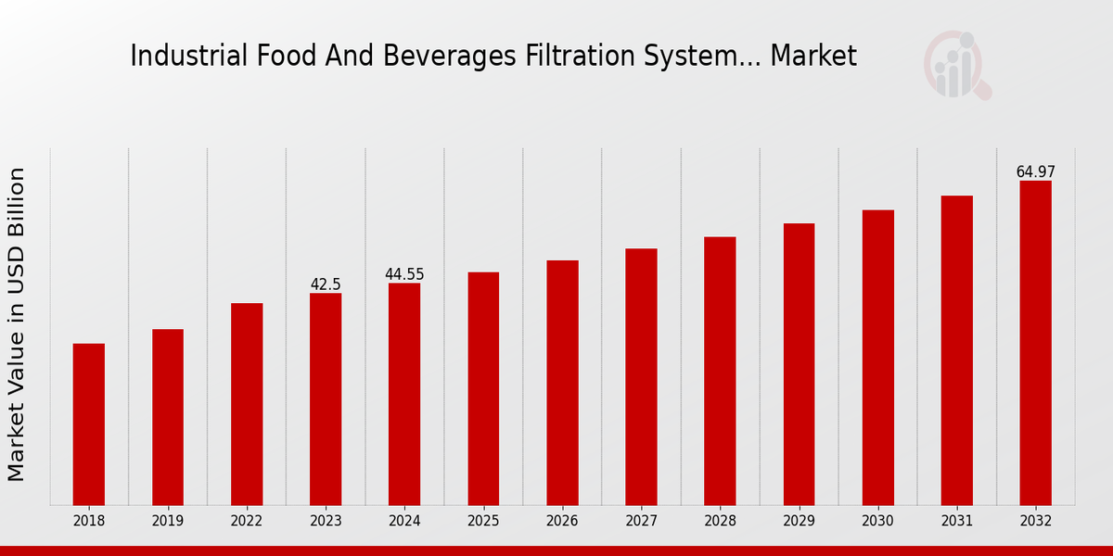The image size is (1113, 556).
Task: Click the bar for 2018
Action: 89,424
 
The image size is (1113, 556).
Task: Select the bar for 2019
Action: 168,417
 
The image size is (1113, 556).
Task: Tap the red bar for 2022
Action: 247,404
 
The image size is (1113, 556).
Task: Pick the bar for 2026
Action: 562,383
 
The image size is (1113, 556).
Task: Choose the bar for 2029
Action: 799,364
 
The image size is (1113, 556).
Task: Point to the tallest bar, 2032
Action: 1035,343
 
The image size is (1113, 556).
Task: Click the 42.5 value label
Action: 326,284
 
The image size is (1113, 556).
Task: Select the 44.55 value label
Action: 404,274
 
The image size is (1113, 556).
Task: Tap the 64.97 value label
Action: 1035,172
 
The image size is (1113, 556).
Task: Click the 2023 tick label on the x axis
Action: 326,522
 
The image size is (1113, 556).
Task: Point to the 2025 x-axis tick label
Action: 483,522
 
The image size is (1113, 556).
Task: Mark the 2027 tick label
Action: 641,522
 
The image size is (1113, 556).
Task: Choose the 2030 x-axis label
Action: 877,522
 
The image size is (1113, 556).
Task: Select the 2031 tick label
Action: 956,522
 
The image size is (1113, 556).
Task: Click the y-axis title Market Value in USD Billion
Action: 17,324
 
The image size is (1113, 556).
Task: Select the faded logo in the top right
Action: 956,65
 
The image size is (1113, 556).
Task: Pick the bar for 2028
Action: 720,371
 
